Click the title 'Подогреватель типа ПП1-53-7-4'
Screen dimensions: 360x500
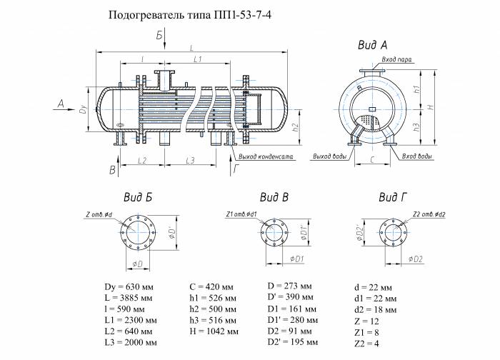pos(189,15)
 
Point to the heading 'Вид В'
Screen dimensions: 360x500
pos(274,196)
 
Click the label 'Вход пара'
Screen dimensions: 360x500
pos(396,60)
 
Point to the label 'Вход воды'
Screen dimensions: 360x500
pos(416,155)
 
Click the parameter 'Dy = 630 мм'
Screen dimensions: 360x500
pos(128,285)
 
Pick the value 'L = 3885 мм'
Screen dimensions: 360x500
pos(129,296)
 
